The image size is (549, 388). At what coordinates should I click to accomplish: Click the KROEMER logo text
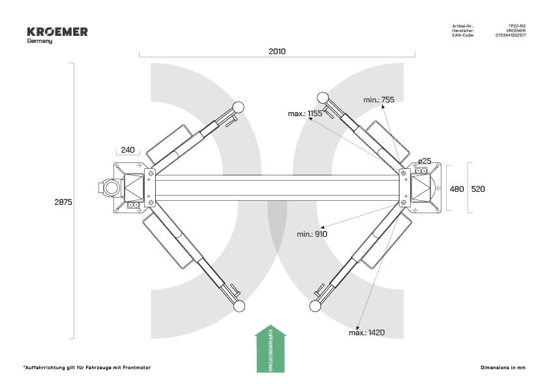pyautogui.click(x=57, y=32)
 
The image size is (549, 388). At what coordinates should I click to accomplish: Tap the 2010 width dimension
pyautogui.click(x=277, y=51)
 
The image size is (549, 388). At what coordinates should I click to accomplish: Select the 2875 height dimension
pyautogui.click(x=63, y=202)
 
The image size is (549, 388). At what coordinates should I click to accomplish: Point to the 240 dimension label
pyautogui.click(x=128, y=150)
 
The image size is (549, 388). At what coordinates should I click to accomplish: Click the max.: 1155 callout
pyautogui.click(x=305, y=113)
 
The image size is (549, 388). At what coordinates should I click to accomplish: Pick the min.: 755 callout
pyautogui.click(x=379, y=100)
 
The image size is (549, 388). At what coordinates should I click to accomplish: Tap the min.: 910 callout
pyautogui.click(x=312, y=233)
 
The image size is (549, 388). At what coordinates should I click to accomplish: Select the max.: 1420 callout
pyautogui.click(x=366, y=333)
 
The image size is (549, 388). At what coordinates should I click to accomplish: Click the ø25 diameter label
pyautogui.click(x=424, y=160)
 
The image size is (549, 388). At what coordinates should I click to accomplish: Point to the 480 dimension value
pyautogui.click(x=456, y=188)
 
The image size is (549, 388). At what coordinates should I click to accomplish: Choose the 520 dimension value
pyautogui.click(x=478, y=188)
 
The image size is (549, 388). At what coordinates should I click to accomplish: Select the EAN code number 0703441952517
pyautogui.click(x=511, y=35)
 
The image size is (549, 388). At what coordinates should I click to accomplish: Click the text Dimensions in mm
pyautogui.click(x=503, y=368)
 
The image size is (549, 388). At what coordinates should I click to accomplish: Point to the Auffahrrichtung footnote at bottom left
pyautogui.click(x=87, y=368)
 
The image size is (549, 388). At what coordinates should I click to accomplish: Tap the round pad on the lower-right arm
pyautogui.click(x=316, y=306)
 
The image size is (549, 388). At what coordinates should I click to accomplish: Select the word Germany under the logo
pyautogui.click(x=40, y=41)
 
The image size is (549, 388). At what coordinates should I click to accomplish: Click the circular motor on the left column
pyautogui.click(x=110, y=188)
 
